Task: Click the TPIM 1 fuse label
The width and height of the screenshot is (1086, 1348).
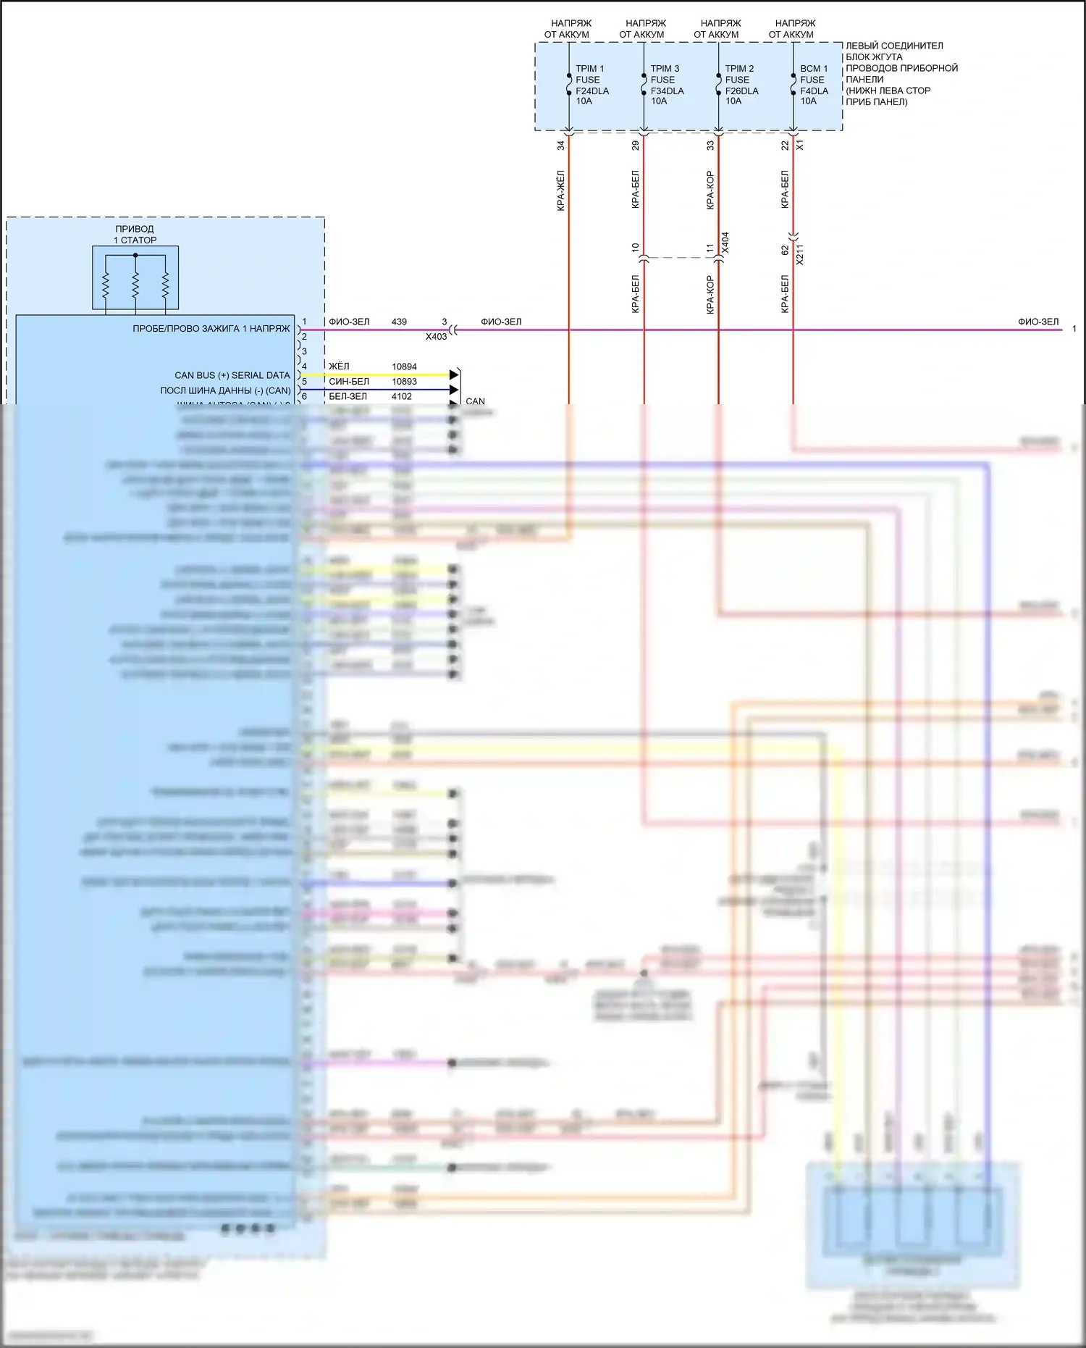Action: (589, 69)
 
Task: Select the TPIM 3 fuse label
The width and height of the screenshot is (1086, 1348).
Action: (665, 69)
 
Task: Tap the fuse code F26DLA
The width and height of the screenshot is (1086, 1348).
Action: (741, 91)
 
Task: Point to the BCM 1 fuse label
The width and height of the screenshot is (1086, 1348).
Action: (814, 69)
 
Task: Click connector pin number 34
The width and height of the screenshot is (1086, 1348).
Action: (561, 146)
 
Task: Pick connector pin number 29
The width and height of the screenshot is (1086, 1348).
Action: (636, 146)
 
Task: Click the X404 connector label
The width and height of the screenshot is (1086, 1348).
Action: (725, 243)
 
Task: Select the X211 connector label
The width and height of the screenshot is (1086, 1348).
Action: (800, 254)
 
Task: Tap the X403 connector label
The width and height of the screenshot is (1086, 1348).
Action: (436, 337)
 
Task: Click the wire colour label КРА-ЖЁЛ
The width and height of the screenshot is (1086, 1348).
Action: (561, 190)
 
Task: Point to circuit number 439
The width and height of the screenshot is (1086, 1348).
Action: (399, 322)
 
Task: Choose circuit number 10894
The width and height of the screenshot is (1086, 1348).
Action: (404, 367)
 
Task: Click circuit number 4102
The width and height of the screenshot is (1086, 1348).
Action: (401, 396)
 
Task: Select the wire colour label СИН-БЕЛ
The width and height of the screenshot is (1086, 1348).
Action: (349, 382)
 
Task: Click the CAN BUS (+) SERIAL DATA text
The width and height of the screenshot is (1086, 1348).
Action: (232, 375)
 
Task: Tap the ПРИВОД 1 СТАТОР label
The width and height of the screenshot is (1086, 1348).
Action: (135, 235)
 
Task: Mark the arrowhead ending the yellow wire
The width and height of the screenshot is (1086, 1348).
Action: (454, 374)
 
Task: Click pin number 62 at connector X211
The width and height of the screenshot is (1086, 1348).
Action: (785, 250)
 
